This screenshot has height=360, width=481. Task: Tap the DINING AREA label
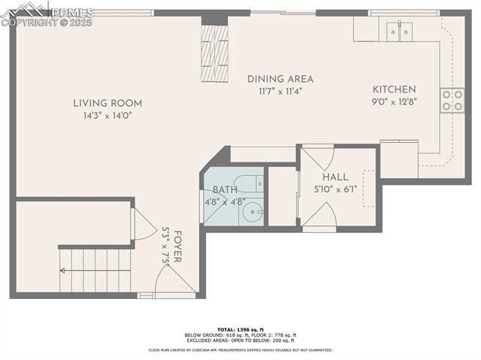click(x=280, y=79)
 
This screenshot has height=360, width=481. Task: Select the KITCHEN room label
click(x=393, y=89)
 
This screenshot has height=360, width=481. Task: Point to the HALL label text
click(x=334, y=177)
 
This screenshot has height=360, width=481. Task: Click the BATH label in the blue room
click(x=225, y=190)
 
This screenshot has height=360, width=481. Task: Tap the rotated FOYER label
click(x=177, y=244)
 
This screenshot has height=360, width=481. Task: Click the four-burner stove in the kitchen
click(x=452, y=100)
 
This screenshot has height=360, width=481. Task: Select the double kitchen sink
click(x=399, y=31)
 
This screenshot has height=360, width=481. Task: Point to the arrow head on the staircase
click(x=65, y=271)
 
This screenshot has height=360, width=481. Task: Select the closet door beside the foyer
click(x=141, y=224)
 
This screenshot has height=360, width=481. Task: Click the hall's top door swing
click(x=316, y=157)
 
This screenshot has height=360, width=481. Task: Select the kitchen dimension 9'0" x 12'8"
click(x=393, y=101)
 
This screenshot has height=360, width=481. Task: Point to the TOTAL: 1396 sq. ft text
click(x=240, y=330)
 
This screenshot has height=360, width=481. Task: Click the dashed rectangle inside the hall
click(x=369, y=187)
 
